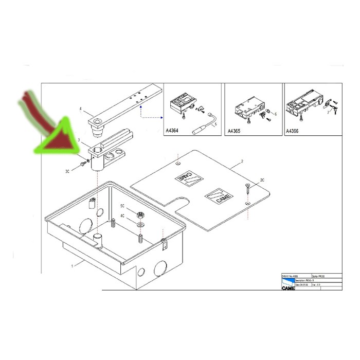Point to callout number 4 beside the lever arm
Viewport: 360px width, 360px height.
click(81, 109)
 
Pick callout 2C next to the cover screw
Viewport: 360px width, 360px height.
click(262, 180)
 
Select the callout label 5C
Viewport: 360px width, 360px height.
click(122, 206)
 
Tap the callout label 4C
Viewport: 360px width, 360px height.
click(122, 215)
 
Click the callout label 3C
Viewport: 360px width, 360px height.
click(67, 171)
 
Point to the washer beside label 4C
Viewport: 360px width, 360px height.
click(140, 224)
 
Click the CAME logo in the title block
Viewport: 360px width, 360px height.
click(288, 289)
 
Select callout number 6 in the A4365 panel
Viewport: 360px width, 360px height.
click(276, 114)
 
